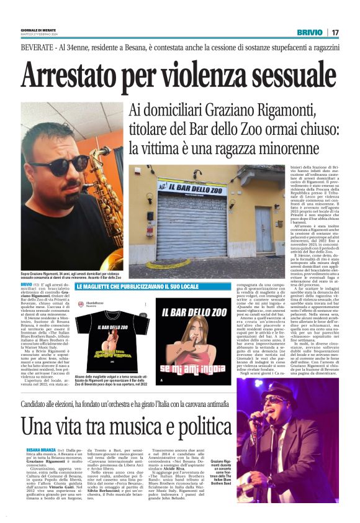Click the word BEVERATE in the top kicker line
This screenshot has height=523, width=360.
coord(39,48)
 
